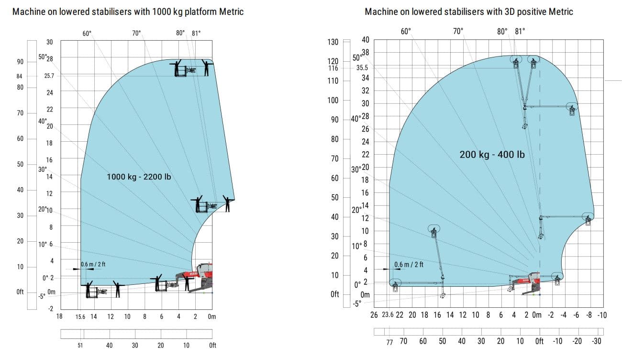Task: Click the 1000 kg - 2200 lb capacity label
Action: (x=139, y=177)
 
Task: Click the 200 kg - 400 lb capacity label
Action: (x=492, y=155)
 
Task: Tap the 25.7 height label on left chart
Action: (x=49, y=76)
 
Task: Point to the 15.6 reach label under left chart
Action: (x=80, y=316)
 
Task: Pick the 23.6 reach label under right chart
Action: (x=388, y=315)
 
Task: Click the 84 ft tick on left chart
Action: (x=20, y=76)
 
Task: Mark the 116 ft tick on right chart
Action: (x=333, y=68)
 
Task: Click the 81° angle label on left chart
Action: (x=196, y=33)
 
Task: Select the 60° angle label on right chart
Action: (x=406, y=31)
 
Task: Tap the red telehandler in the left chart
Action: (x=199, y=277)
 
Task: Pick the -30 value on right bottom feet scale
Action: (x=596, y=341)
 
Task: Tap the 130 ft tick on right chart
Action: (x=333, y=42)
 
